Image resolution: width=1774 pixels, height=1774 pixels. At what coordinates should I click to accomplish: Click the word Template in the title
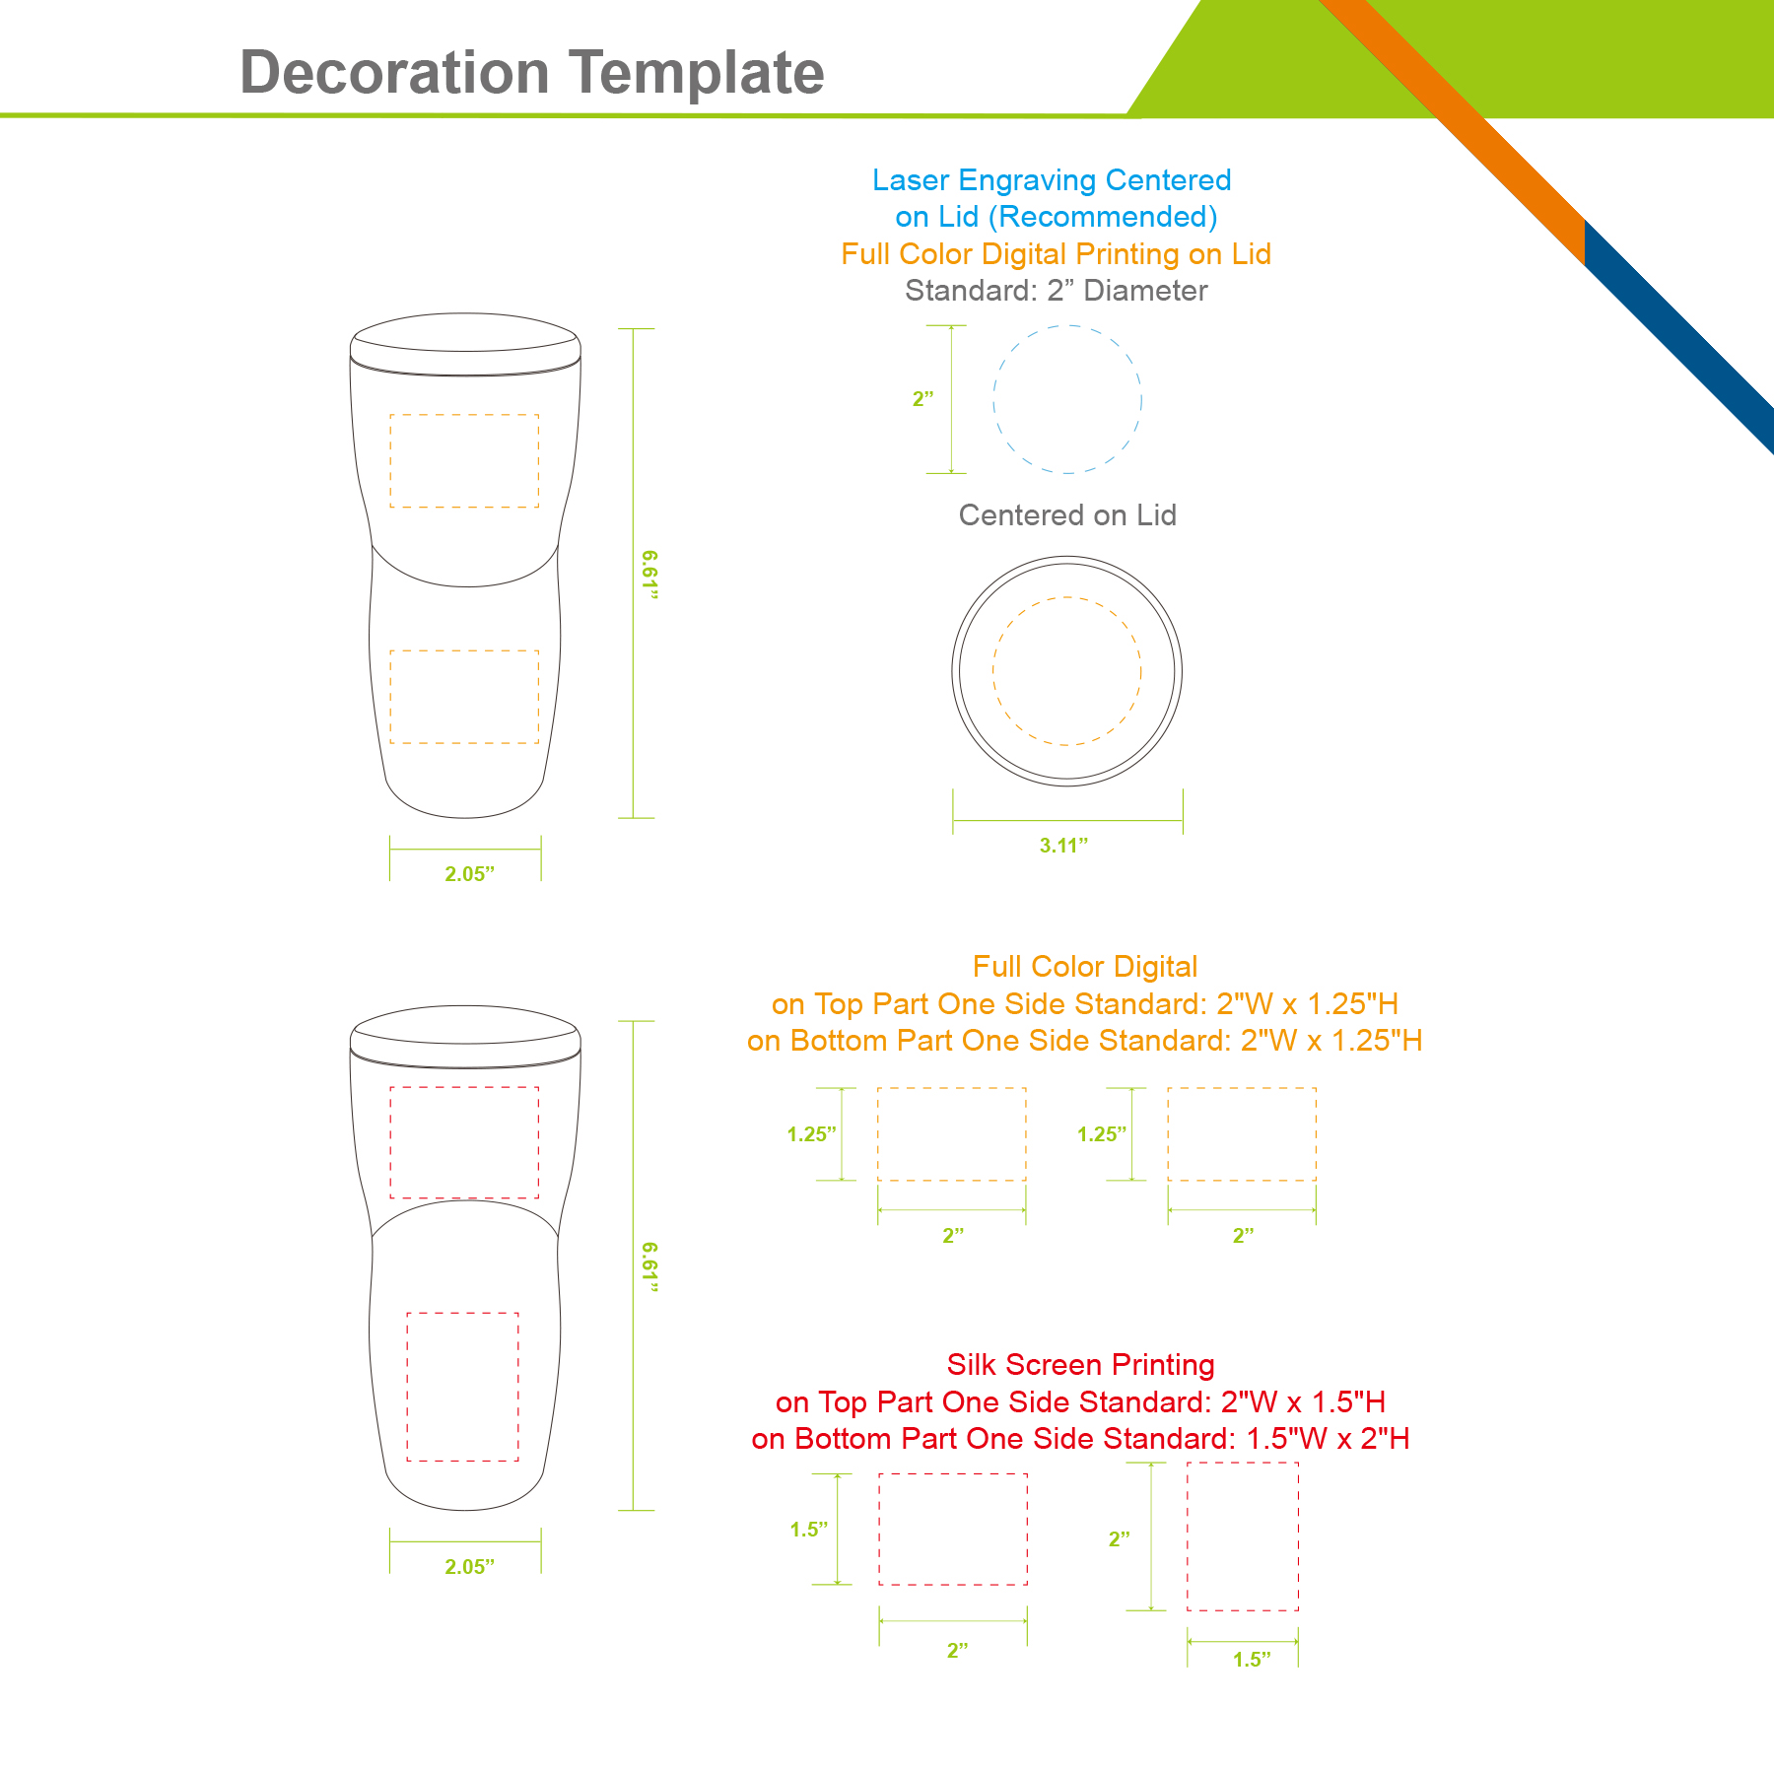pyautogui.click(x=697, y=73)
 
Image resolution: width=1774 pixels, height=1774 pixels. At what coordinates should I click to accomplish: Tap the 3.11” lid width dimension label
pyautogui.click(x=1063, y=846)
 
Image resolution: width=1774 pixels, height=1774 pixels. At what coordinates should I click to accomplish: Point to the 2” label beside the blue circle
pyautogui.click(x=923, y=399)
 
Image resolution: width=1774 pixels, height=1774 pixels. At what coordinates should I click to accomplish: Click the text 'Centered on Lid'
pyautogui.click(x=1067, y=515)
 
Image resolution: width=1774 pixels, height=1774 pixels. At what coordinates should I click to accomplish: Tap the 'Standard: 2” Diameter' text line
pyautogui.click(x=1056, y=291)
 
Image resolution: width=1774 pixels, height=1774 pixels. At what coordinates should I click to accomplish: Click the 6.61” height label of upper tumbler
pyautogui.click(x=648, y=575)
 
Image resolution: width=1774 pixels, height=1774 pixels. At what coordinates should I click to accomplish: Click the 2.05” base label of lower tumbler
pyautogui.click(x=469, y=1567)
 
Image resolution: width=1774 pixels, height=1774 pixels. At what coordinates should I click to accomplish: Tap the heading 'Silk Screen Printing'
pyautogui.click(x=1080, y=1365)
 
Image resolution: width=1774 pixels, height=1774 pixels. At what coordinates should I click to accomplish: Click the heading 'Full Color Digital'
pyautogui.click(x=1085, y=967)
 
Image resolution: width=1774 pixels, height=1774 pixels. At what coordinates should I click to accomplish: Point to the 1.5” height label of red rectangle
pyautogui.click(x=809, y=1530)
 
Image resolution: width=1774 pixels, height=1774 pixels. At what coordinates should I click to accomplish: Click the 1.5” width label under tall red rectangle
pyautogui.click(x=1252, y=1660)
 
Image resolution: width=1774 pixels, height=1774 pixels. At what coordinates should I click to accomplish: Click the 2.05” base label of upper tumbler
pyautogui.click(x=469, y=874)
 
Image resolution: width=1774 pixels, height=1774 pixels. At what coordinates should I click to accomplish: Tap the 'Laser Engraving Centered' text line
pyautogui.click(x=1052, y=180)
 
